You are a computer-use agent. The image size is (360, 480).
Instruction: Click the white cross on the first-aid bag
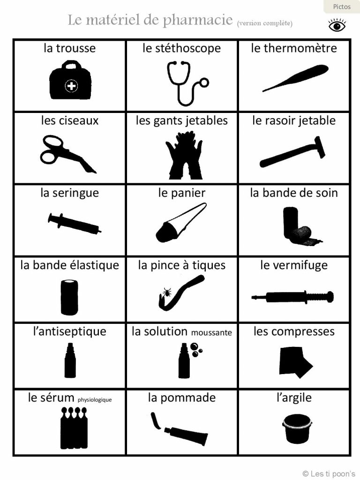pyautogui.click(x=71, y=86)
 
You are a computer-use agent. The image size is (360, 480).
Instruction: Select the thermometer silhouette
pyautogui.click(x=295, y=78)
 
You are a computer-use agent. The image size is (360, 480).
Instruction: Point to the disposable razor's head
pyautogui.click(x=319, y=147)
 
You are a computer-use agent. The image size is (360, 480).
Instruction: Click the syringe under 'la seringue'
pyautogui.click(x=75, y=224)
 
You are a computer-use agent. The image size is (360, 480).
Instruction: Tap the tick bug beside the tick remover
pyautogui.click(x=167, y=292)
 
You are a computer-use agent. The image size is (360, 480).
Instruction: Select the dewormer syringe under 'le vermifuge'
pyautogui.click(x=292, y=297)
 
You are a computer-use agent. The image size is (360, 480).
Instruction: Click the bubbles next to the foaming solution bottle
pyautogui.click(x=195, y=350)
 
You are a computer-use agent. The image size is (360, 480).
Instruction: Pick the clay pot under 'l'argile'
pyautogui.click(x=297, y=428)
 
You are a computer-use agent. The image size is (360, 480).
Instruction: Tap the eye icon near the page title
pyautogui.click(x=337, y=25)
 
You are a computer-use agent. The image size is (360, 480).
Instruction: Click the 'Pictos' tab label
pyautogui.click(x=342, y=7)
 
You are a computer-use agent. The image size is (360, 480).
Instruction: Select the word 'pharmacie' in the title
pyautogui.click(x=198, y=20)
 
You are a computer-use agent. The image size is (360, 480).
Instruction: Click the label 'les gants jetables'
pyautogui.click(x=182, y=120)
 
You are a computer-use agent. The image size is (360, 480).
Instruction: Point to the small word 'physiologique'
pyautogui.click(x=95, y=400)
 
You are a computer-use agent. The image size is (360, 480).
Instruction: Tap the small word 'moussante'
pyautogui.click(x=211, y=332)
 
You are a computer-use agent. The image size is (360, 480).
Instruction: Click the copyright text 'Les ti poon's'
pyautogui.click(x=333, y=474)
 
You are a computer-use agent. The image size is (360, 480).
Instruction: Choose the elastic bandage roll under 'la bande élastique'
pyautogui.click(x=69, y=297)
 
